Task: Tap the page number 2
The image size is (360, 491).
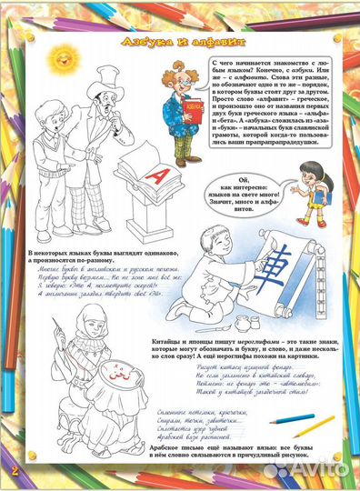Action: [x=15, y=468]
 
